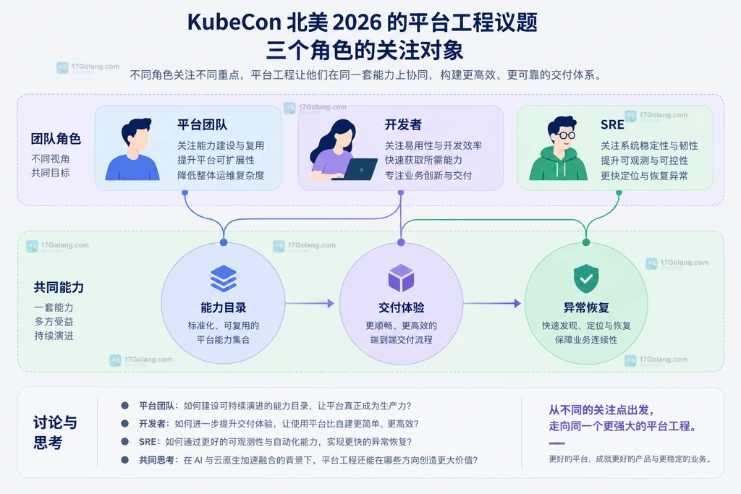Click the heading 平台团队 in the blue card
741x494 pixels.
tap(203, 124)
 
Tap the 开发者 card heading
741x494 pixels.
tap(403, 124)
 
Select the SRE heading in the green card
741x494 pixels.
tap(612, 124)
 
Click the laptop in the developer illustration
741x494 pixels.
tap(357, 169)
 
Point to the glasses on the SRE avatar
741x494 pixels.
tap(564, 135)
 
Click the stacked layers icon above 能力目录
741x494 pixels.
tap(224, 278)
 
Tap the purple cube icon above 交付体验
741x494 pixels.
tap(401, 278)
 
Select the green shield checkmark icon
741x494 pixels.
tap(586, 278)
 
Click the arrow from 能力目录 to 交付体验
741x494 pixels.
tap(310, 303)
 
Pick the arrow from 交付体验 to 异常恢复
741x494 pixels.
tap(492, 303)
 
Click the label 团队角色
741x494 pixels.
tap(56, 139)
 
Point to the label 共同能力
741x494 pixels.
tap(59, 287)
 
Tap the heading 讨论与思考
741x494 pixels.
tap(55, 432)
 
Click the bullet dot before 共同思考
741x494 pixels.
tap(124, 459)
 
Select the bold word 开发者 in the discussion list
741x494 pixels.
tap(152, 424)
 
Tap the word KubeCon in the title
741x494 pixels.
tap(234, 22)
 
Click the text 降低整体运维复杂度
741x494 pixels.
tap(221, 176)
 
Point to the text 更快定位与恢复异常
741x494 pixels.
tap(644, 176)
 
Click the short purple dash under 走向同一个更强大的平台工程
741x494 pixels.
tap(556, 443)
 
